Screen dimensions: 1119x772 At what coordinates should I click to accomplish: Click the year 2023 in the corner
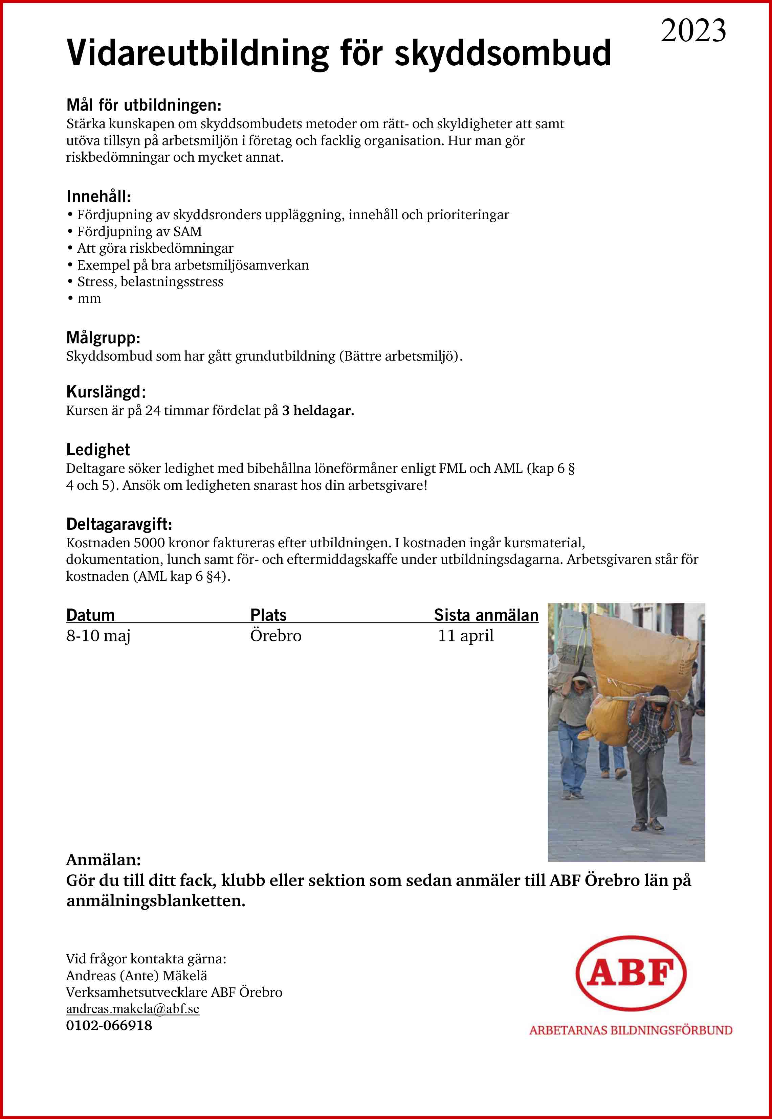(693, 30)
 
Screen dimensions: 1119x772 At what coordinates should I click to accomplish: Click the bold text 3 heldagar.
(318, 411)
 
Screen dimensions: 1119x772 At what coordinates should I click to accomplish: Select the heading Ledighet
(98, 450)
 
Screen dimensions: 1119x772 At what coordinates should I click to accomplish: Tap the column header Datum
(90, 615)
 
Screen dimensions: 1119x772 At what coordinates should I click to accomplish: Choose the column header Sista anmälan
(486, 615)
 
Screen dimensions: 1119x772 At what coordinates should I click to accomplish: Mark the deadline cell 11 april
(465, 636)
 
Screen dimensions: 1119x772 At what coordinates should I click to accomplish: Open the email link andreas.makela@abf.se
(133, 1009)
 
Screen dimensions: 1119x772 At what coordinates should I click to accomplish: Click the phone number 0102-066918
(109, 1025)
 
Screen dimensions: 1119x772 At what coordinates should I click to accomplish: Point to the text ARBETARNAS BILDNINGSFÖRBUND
(630, 1030)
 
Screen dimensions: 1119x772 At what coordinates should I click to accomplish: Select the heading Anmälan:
(104, 860)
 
